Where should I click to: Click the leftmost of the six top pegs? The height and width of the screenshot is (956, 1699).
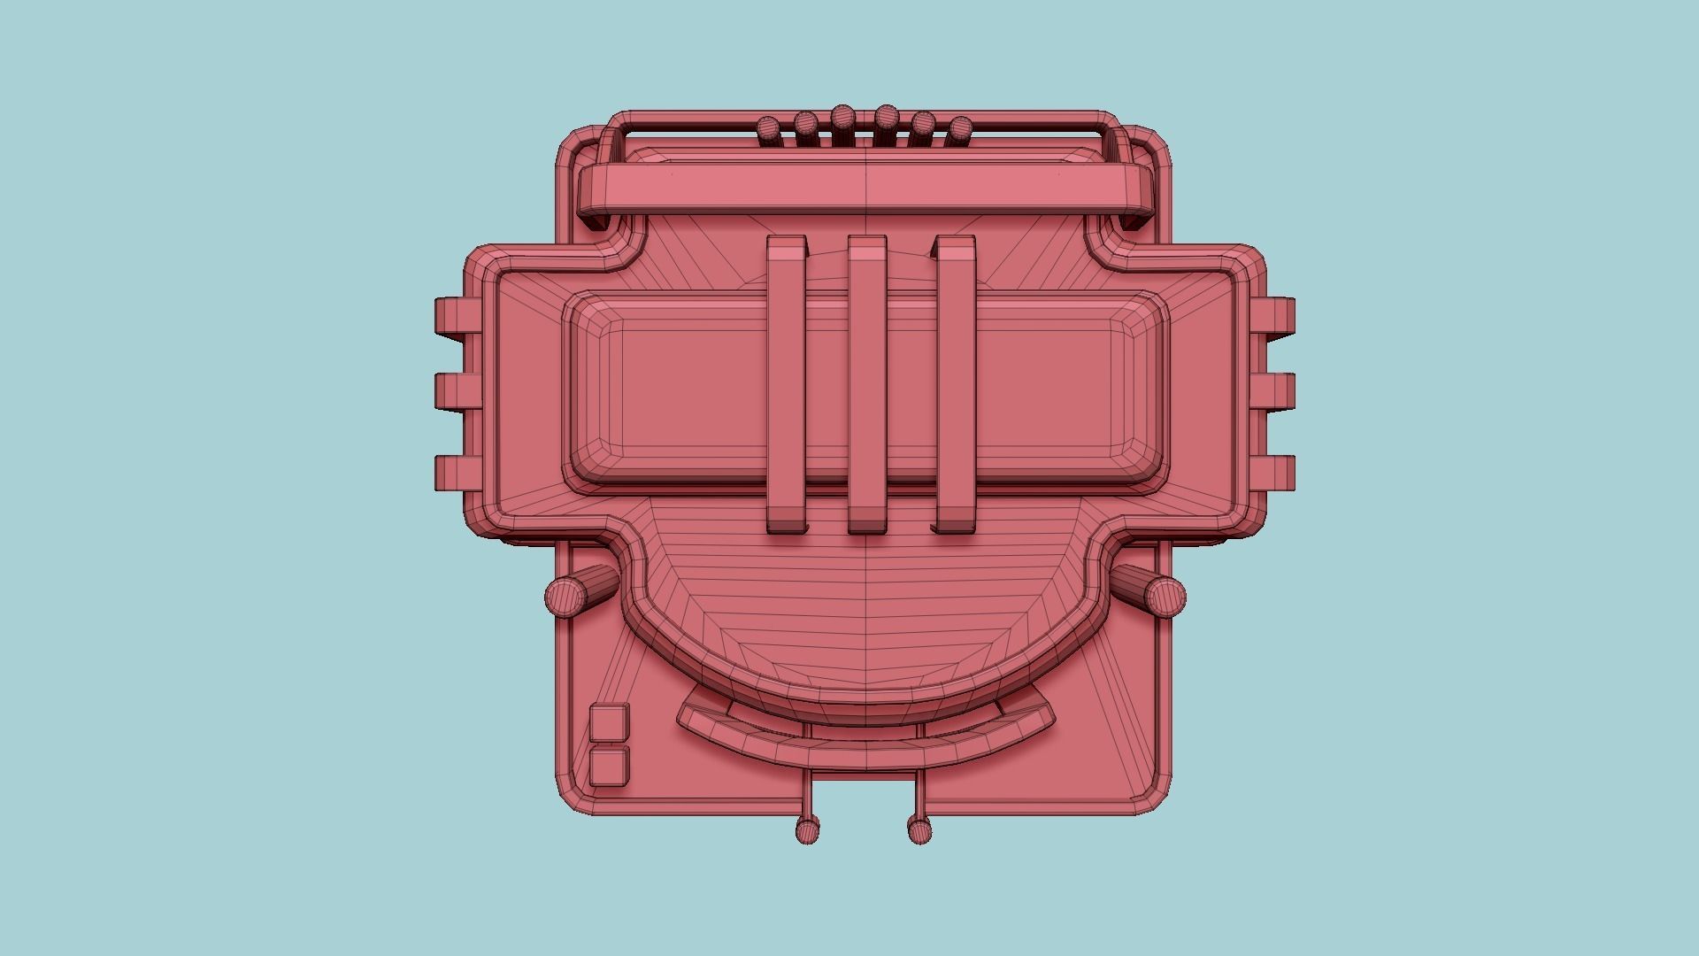770,130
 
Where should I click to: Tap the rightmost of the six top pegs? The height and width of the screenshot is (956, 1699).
960,130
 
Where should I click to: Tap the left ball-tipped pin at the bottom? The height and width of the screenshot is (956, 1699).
807,829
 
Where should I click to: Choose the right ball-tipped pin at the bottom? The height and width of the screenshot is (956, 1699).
920,829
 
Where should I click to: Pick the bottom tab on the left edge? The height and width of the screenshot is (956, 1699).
457,472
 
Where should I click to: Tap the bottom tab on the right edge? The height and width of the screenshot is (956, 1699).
1276,472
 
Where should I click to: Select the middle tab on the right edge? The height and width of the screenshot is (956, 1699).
1276,392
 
